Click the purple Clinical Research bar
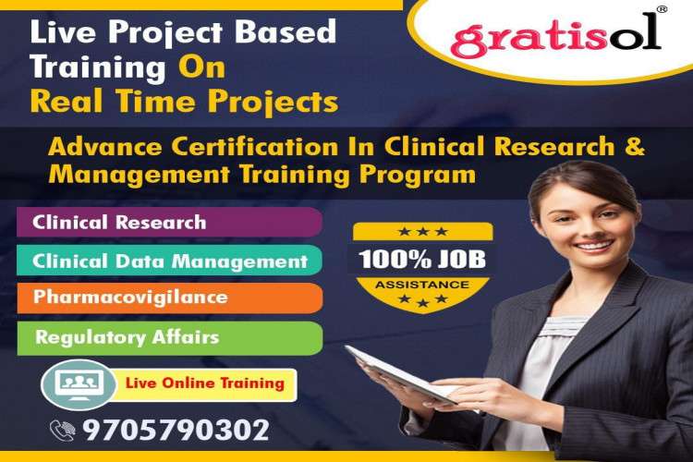(x=166, y=223)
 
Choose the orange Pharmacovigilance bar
(x=166, y=298)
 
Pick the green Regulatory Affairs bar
(x=166, y=337)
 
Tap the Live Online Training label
(x=204, y=383)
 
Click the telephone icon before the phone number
(x=63, y=430)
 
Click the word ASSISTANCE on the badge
(x=421, y=285)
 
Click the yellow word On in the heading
(x=201, y=67)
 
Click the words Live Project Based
(x=183, y=32)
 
